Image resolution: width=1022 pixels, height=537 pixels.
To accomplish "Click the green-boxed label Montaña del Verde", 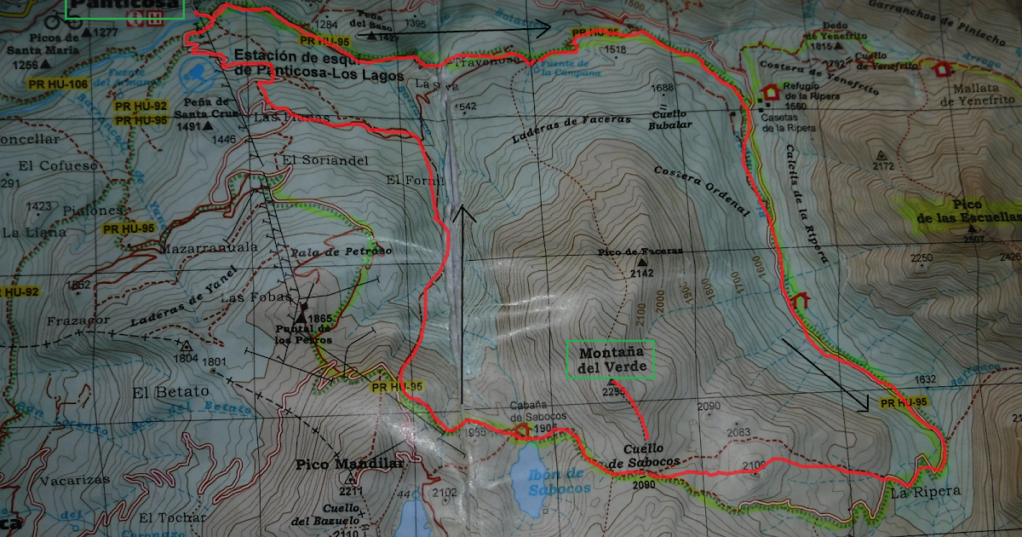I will click(610, 361).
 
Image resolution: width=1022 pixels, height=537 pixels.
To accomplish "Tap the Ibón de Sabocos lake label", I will click(554, 481).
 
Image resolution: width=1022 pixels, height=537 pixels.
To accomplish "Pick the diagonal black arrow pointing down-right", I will click(825, 376).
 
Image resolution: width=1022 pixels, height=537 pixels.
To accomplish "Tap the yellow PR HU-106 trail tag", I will click(58, 84).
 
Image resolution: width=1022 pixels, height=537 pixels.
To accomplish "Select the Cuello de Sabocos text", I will click(645, 456).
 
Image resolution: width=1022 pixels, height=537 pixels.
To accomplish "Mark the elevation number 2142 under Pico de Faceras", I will click(641, 274).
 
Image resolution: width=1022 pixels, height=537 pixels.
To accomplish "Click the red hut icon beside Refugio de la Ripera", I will click(771, 91).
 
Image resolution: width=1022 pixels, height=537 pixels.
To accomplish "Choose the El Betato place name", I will click(170, 392).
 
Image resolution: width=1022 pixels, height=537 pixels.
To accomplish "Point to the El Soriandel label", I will click(313, 159).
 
